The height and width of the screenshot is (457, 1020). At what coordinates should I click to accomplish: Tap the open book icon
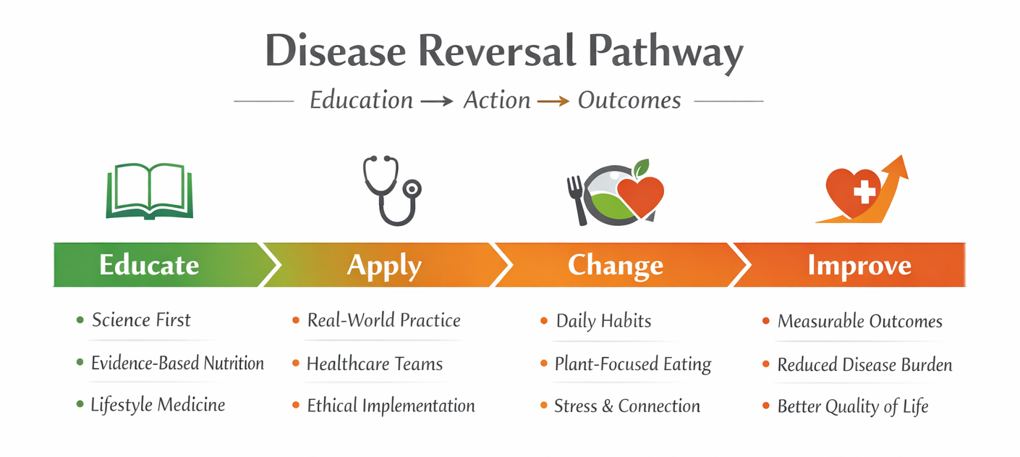point(149,191)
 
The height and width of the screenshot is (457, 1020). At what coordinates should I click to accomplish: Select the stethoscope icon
point(392,190)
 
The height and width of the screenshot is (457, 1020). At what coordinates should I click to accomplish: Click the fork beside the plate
point(577,201)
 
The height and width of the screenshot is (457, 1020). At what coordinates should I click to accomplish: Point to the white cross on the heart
point(864,191)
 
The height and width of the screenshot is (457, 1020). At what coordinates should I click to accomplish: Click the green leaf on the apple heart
point(642,168)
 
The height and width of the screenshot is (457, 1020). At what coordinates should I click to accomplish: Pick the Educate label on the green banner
point(149,264)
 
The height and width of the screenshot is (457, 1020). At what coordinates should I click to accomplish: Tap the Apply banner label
point(384,267)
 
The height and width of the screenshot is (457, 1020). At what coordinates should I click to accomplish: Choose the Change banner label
point(615,266)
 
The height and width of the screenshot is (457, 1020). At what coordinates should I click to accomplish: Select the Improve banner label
point(859,267)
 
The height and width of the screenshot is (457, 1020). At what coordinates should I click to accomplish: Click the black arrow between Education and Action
point(437,101)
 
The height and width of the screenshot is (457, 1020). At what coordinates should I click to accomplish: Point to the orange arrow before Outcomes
point(553,101)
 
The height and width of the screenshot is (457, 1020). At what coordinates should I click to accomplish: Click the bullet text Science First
point(141,319)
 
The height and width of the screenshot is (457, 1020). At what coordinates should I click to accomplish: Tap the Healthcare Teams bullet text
point(374,364)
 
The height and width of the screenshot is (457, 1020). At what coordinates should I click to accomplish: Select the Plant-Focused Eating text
point(633,364)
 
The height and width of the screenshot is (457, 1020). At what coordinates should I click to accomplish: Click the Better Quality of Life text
point(852,406)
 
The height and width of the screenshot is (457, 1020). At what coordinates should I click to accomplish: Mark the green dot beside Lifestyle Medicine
point(80,404)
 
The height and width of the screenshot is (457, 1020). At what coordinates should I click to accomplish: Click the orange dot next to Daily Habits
point(544,321)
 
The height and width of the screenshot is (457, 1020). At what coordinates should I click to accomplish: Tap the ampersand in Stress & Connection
point(608,406)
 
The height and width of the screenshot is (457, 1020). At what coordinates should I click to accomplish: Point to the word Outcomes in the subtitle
point(629,100)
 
